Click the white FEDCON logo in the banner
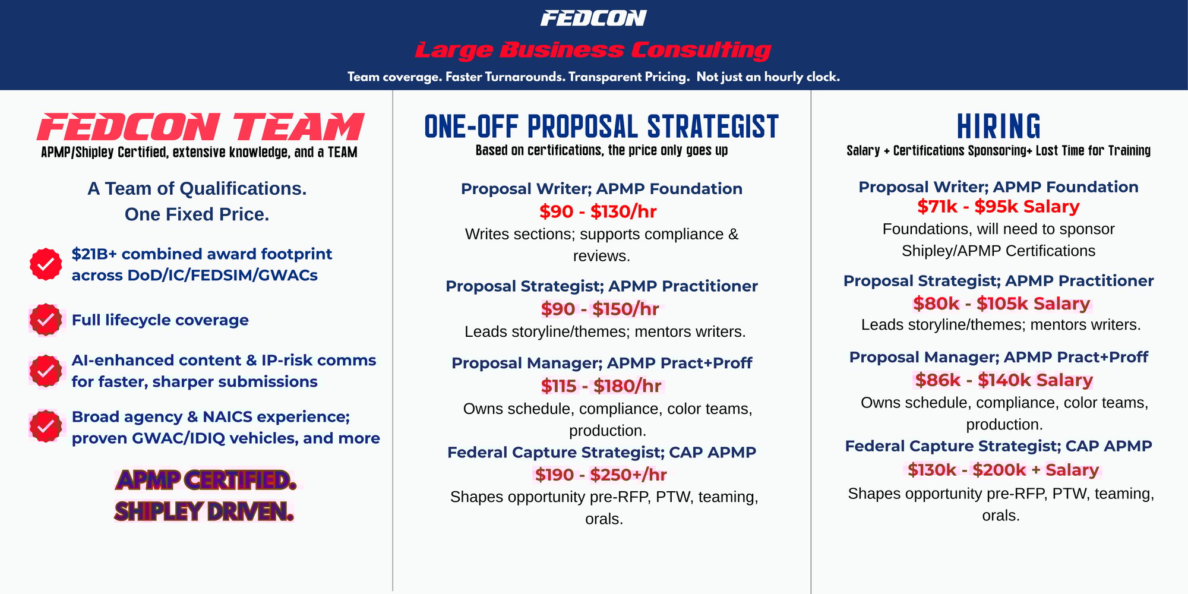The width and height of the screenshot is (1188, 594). click(593, 18)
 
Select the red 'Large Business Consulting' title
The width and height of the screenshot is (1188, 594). click(593, 50)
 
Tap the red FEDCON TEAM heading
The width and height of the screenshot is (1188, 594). click(200, 127)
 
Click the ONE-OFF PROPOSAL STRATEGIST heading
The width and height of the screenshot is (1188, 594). click(601, 127)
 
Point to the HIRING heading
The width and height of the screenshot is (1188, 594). click(999, 127)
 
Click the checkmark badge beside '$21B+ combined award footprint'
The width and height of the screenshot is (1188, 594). click(46, 264)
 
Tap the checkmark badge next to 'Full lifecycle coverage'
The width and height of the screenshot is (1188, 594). click(46, 320)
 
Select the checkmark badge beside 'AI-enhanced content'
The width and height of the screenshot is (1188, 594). click(46, 371)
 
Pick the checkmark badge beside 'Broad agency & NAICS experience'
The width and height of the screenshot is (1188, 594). click(46, 426)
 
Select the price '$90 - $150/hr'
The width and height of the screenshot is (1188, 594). click(600, 309)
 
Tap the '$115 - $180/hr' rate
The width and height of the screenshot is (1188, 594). click(601, 386)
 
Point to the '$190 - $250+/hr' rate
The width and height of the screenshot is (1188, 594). click(601, 475)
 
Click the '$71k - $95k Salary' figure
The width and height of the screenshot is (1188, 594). click(999, 207)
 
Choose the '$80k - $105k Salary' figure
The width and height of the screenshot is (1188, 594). click(1001, 304)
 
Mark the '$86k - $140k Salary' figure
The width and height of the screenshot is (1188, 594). click(1004, 380)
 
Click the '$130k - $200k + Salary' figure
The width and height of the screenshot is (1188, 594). click(1003, 470)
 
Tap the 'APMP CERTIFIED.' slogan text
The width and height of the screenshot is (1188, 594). click(206, 480)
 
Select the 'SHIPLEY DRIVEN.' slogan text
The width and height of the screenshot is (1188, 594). click(204, 511)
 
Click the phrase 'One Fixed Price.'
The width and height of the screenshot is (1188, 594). click(197, 214)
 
